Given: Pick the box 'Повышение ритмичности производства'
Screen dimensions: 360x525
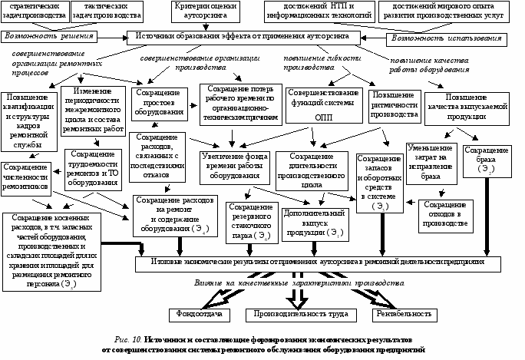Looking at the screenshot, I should point(390,105).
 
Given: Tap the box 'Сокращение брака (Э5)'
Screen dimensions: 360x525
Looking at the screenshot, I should point(487,158).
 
